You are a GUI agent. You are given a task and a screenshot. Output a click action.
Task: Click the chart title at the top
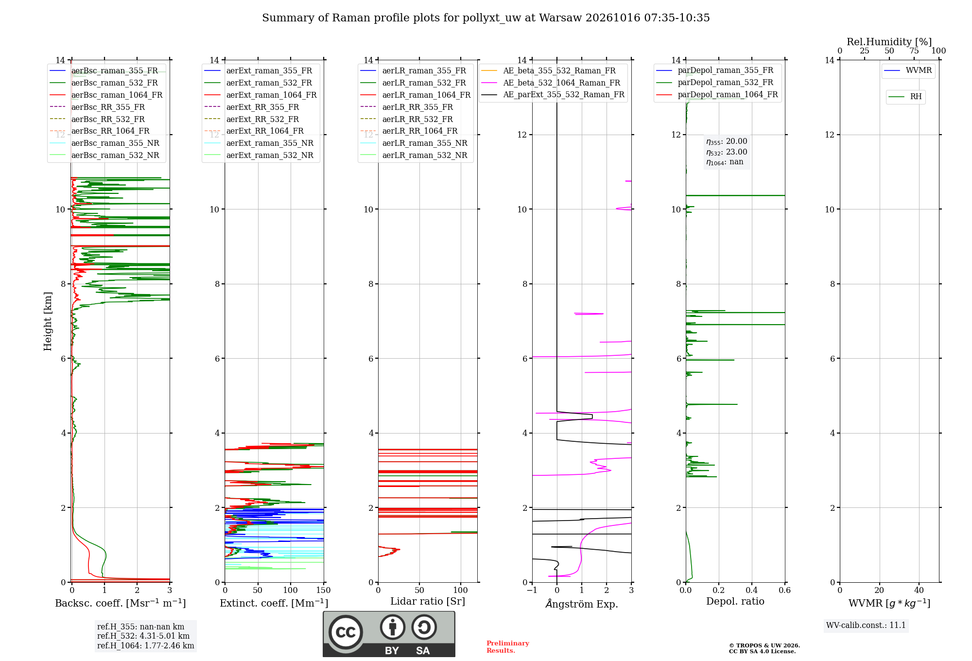(x=486, y=18)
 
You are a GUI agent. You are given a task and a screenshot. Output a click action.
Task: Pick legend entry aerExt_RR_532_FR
(x=262, y=119)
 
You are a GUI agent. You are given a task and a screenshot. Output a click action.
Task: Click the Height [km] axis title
(x=48, y=321)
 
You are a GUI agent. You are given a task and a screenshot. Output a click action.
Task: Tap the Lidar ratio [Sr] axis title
(x=428, y=601)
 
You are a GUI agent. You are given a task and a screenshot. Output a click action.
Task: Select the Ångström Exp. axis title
(x=582, y=604)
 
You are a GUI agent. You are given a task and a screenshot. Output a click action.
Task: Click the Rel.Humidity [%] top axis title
(x=889, y=42)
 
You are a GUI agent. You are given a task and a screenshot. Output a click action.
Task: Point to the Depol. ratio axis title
(x=735, y=601)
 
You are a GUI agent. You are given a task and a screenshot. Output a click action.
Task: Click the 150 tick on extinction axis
(x=323, y=590)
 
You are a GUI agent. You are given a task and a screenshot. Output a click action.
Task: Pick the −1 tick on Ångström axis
(x=532, y=590)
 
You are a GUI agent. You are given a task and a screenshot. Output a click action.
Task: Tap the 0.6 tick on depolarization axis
(x=785, y=590)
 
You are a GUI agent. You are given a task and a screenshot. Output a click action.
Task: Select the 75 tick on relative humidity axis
(x=914, y=51)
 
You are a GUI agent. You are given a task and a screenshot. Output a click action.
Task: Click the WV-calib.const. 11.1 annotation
(x=866, y=625)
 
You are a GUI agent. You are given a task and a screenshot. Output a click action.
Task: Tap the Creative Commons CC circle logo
(x=346, y=632)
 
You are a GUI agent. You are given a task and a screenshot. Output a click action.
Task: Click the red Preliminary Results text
(x=508, y=647)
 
